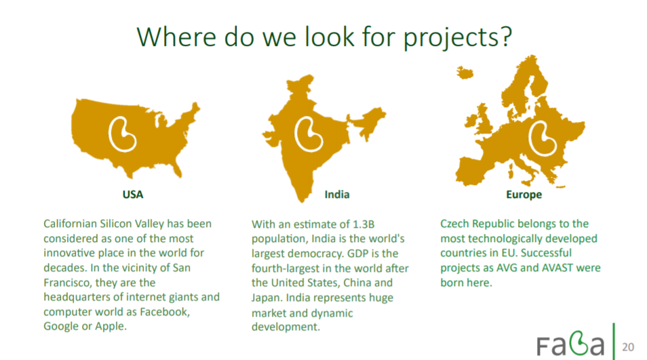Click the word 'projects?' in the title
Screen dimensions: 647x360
tap(457, 38)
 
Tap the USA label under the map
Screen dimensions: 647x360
tap(133, 195)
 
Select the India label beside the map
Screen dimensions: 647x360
tap(336, 195)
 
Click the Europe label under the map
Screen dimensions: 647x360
tap(524, 195)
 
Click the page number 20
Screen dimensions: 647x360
tap(628, 347)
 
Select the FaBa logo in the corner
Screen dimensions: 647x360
tap(570, 344)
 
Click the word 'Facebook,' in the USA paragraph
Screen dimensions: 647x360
tap(165, 312)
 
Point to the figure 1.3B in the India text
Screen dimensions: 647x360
tap(363, 224)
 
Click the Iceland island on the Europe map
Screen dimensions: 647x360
tap(465, 73)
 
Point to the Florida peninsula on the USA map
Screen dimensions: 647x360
tap(177, 169)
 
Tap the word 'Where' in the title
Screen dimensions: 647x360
tap(176, 37)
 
